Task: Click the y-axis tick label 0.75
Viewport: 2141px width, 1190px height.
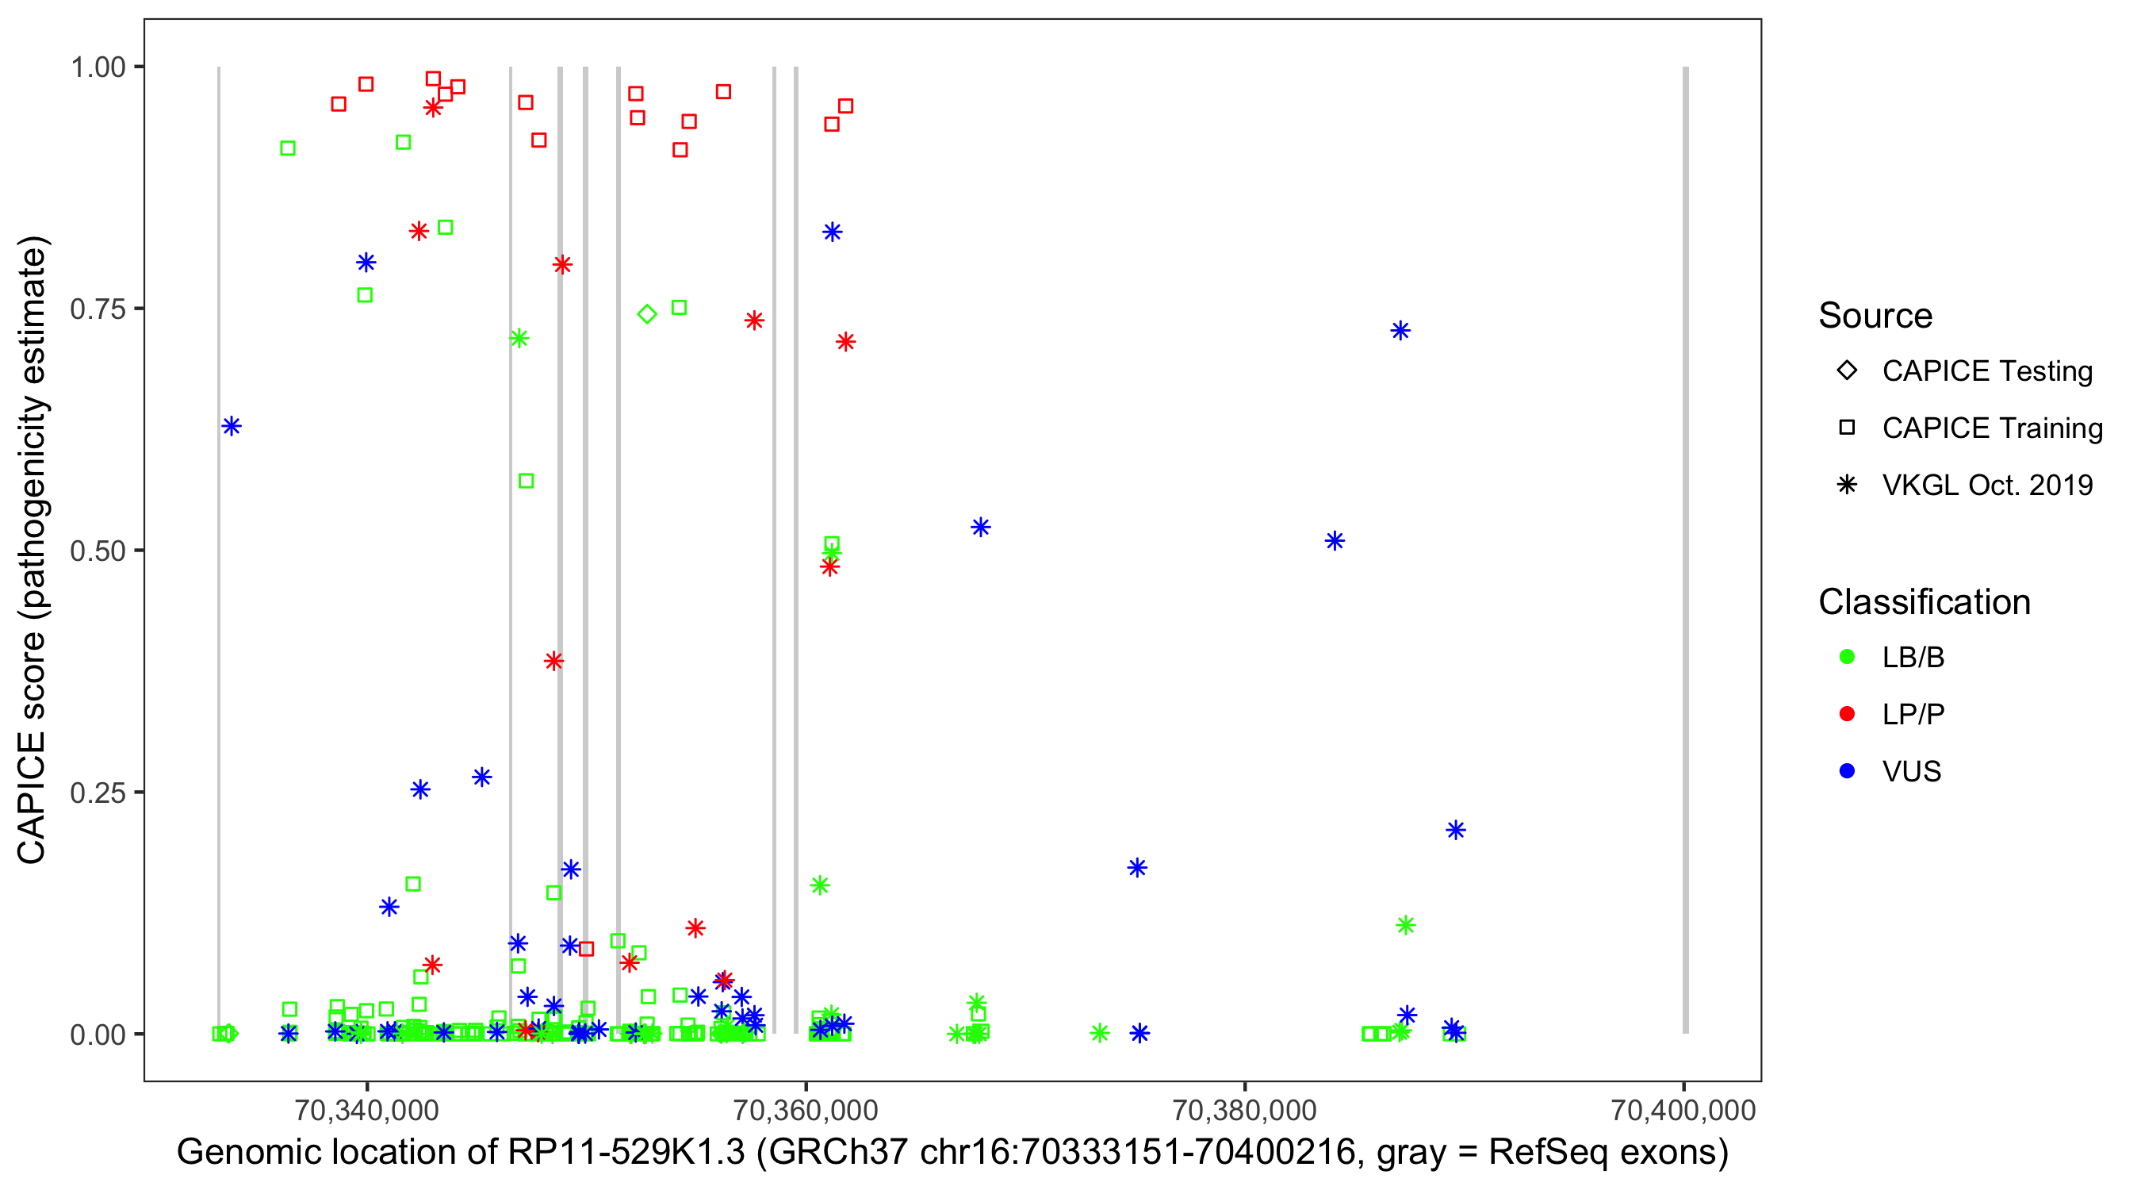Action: tap(97, 309)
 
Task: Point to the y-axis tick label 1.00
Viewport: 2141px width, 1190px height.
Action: tap(97, 67)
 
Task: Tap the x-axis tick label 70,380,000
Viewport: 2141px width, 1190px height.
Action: tap(1244, 1109)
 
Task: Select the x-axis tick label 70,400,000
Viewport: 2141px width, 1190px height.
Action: tap(1683, 1109)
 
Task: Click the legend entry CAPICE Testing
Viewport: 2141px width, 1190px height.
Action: tap(1986, 371)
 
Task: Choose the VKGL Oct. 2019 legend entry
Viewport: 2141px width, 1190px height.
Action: tap(1986, 485)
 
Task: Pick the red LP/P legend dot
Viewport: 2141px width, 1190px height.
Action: tap(1847, 714)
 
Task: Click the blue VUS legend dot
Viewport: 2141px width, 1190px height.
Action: tap(1847, 772)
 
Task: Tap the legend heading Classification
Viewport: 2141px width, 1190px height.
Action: tap(1924, 602)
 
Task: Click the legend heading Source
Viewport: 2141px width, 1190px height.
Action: tap(1875, 316)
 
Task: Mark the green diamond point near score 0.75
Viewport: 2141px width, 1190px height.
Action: tap(647, 314)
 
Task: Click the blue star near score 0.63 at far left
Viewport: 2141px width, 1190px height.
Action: tap(232, 427)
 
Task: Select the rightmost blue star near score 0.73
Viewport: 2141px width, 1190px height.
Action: tap(1400, 331)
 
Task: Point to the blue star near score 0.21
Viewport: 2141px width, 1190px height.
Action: tap(1455, 830)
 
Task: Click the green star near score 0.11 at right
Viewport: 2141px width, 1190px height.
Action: tap(1405, 926)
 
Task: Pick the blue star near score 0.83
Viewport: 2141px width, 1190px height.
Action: tap(833, 232)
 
